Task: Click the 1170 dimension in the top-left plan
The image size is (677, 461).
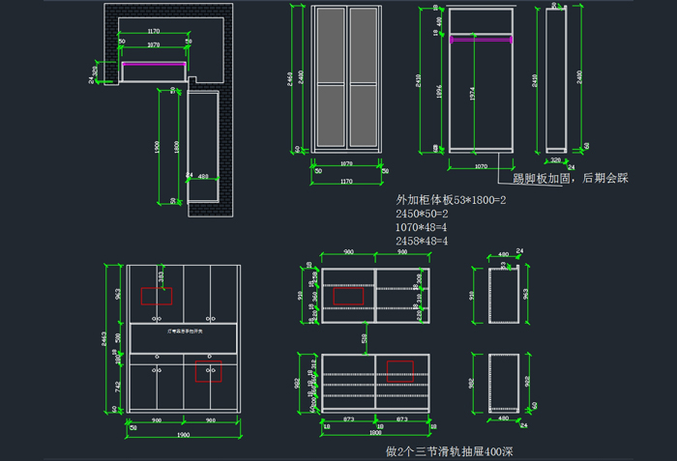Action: pyautogui.click(x=154, y=32)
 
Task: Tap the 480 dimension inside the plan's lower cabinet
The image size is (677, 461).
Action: pyautogui.click(x=203, y=177)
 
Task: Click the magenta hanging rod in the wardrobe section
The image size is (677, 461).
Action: pyautogui.click(x=481, y=41)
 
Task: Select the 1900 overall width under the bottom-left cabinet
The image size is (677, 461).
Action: pyautogui.click(x=183, y=435)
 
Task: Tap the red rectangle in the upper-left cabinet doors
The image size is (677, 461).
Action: pyautogui.click(x=157, y=296)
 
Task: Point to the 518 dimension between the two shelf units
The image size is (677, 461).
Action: pyautogui.click(x=365, y=339)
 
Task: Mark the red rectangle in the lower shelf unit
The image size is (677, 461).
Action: pyautogui.click(x=399, y=371)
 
